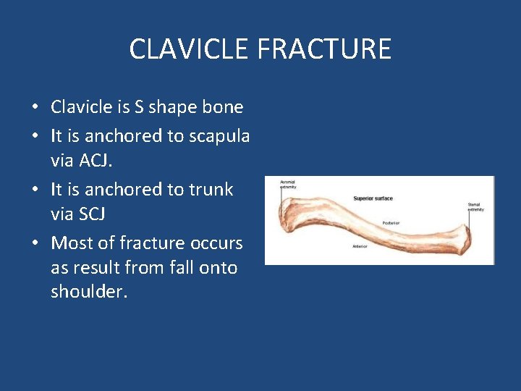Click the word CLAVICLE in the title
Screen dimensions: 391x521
[x=189, y=49]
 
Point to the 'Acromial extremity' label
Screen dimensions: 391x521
[x=288, y=185]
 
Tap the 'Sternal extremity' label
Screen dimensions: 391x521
[x=475, y=207]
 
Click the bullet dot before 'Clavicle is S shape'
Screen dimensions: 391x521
[x=35, y=108]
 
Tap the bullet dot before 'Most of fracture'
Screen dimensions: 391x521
[x=35, y=243]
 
